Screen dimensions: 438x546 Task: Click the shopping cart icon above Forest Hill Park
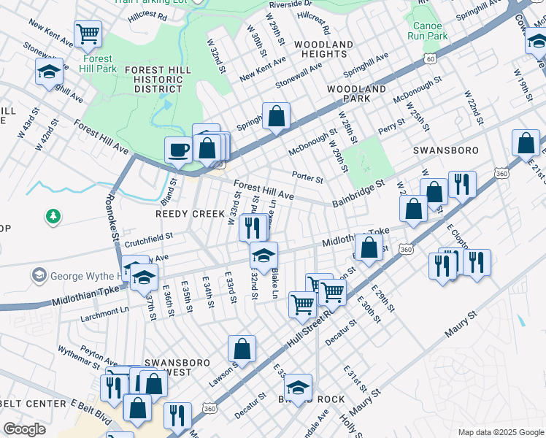coord(88,33)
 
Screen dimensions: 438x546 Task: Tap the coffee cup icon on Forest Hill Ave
coord(178,151)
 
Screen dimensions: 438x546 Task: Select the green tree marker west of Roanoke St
coord(53,216)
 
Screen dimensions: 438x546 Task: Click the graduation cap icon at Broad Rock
coord(298,387)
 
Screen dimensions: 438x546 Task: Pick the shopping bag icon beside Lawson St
coord(242,348)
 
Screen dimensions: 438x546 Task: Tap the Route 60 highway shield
coord(431,58)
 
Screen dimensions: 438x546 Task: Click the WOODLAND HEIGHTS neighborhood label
coord(323,49)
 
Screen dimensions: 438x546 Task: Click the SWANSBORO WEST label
coord(167,367)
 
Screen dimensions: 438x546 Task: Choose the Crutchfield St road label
coord(148,237)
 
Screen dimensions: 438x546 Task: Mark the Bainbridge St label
coord(358,193)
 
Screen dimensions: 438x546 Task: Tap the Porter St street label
coord(307,177)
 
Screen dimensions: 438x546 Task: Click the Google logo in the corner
coord(24,429)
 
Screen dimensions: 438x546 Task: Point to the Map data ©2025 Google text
coord(500,432)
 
